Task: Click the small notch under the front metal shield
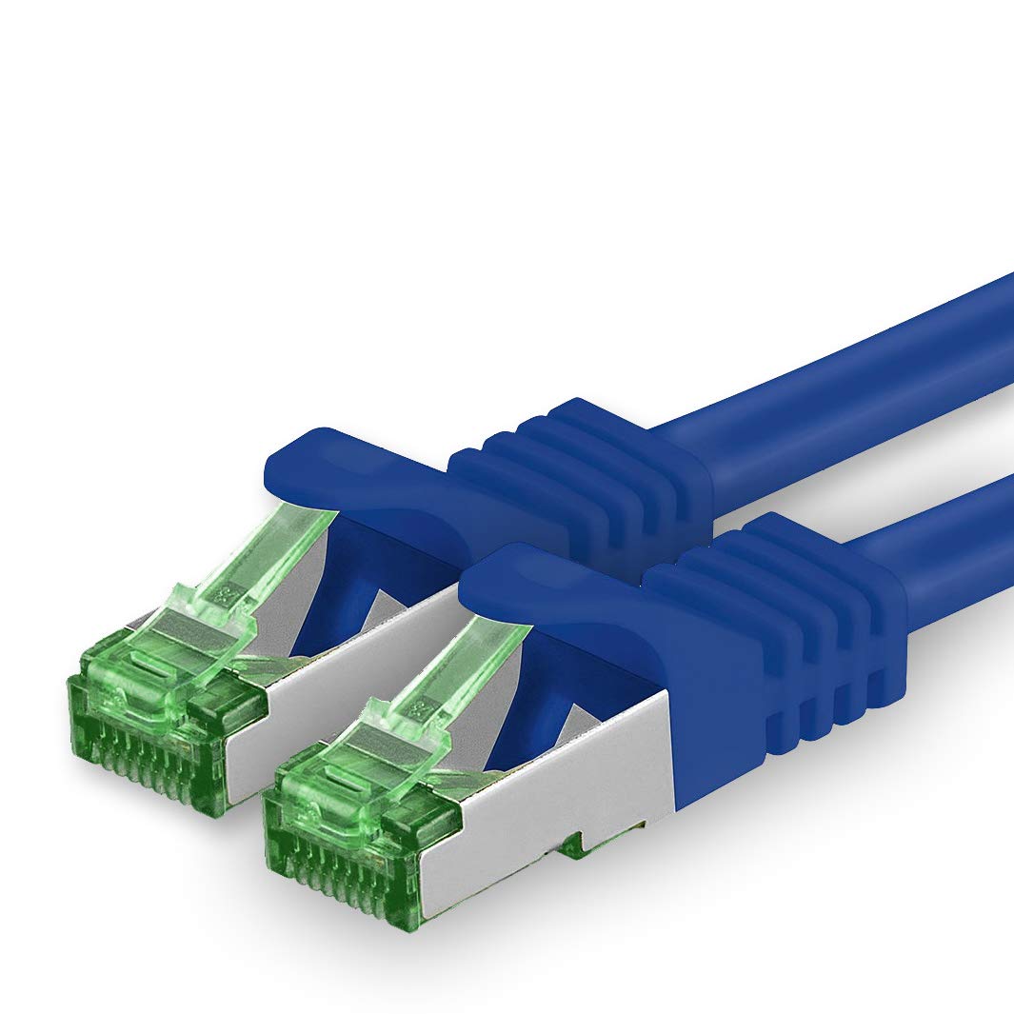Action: tap(571, 843)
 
